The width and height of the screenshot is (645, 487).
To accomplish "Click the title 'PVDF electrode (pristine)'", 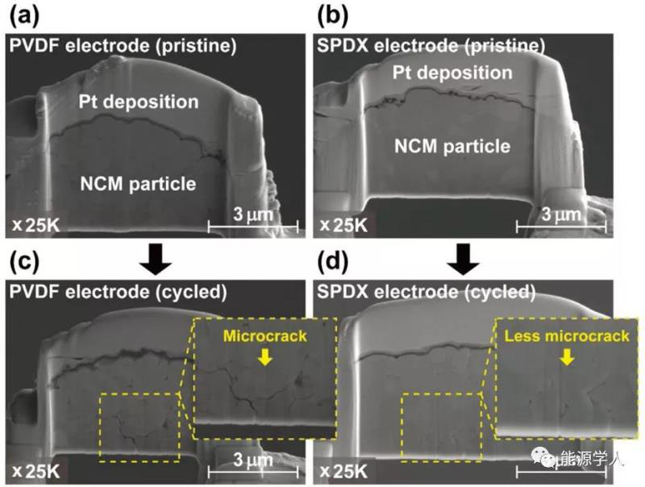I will pos(123,46).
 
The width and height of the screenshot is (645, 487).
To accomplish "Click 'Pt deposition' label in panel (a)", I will pos(139,102).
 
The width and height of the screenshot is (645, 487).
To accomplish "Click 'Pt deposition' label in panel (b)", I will pos(452,73).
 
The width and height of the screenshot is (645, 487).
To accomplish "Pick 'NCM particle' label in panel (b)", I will pos(451,145).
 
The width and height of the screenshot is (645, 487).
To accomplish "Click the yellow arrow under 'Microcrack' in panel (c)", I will pos(264,358).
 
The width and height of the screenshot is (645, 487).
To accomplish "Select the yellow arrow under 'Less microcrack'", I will pos(568,355).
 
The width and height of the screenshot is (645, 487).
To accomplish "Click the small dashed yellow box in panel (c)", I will pos(139,427).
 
